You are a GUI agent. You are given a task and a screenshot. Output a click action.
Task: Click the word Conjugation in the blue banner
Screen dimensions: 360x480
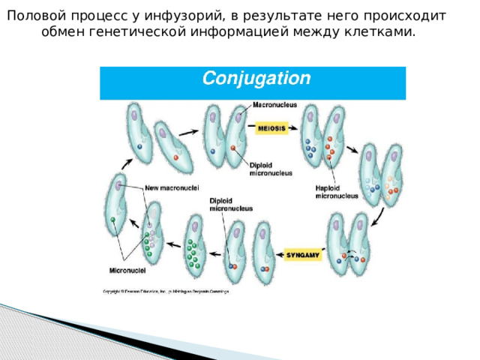(256, 78)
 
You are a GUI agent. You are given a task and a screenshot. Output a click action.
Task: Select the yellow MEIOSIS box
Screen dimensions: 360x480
(271, 128)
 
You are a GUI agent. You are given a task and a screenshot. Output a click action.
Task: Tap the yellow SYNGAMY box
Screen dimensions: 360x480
(303, 255)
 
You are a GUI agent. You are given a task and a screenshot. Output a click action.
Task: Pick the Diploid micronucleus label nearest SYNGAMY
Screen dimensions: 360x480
(231, 204)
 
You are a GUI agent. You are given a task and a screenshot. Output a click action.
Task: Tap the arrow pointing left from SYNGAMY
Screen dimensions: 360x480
(278, 255)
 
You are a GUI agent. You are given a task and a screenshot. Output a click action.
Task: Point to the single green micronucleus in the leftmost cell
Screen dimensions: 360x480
(112, 220)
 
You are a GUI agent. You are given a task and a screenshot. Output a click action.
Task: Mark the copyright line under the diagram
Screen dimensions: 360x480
(166, 290)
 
